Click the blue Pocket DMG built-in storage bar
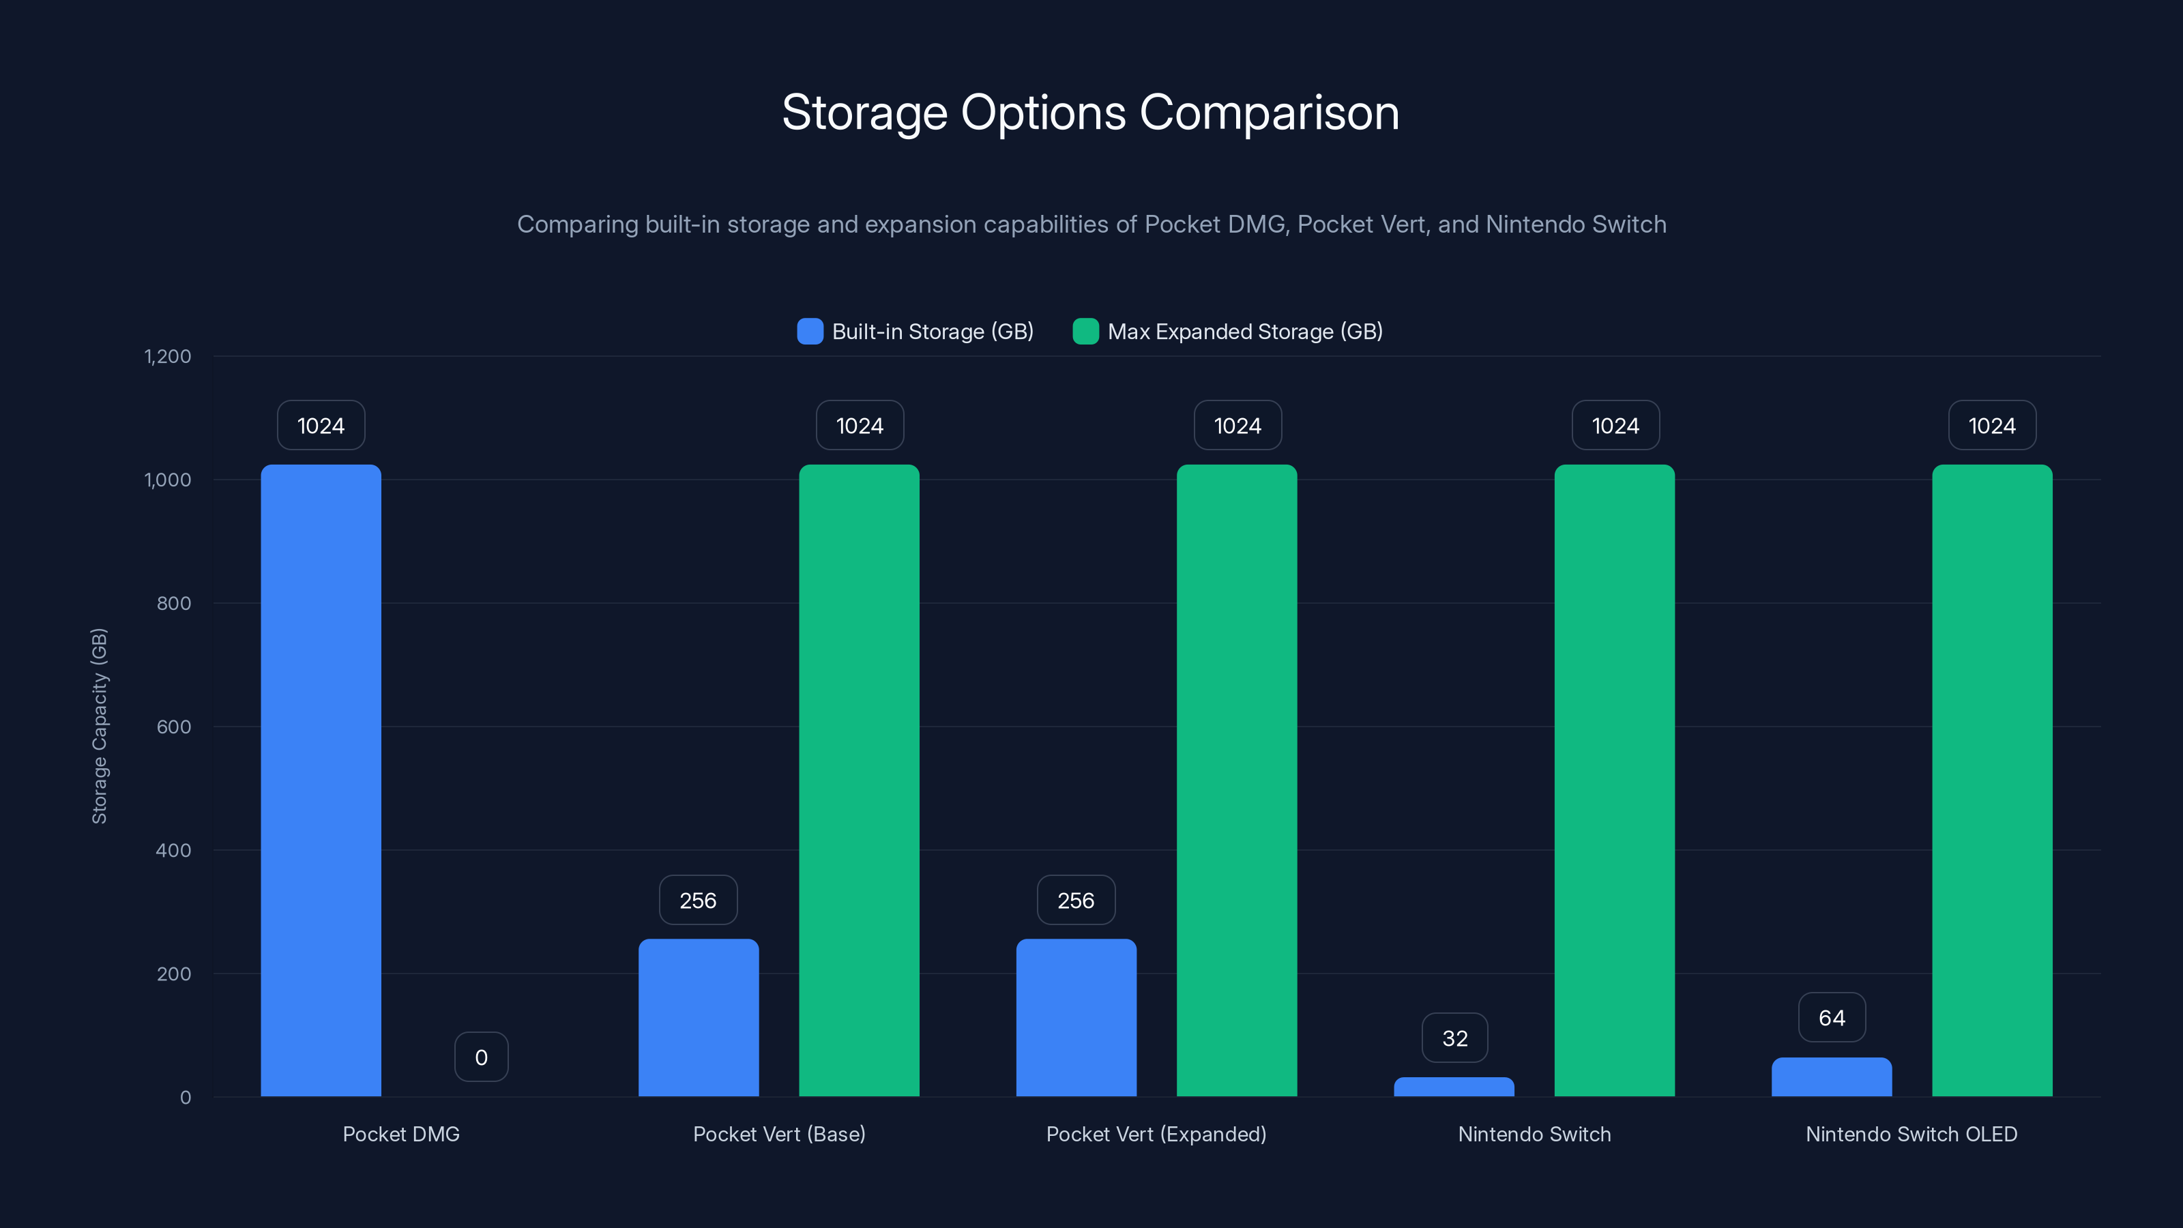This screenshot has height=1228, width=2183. click(x=321, y=780)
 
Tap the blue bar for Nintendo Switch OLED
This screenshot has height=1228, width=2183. click(x=1830, y=1077)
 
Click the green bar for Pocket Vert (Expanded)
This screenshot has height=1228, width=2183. click(x=1236, y=780)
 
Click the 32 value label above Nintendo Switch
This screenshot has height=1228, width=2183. click(x=1454, y=1038)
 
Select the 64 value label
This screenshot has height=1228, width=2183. click(x=1831, y=1017)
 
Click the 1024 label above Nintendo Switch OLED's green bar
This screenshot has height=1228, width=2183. click(x=1991, y=426)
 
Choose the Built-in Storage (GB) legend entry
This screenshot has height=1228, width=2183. click(x=915, y=332)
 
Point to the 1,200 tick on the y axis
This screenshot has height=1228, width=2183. click(x=168, y=356)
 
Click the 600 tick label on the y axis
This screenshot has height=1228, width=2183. click(x=174, y=727)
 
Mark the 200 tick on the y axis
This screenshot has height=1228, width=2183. click(x=174, y=974)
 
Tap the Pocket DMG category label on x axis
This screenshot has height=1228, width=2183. click(x=401, y=1134)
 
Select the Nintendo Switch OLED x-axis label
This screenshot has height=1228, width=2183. click(x=1911, y=1134)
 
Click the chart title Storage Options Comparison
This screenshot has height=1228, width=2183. click(x=1091, y=113)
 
